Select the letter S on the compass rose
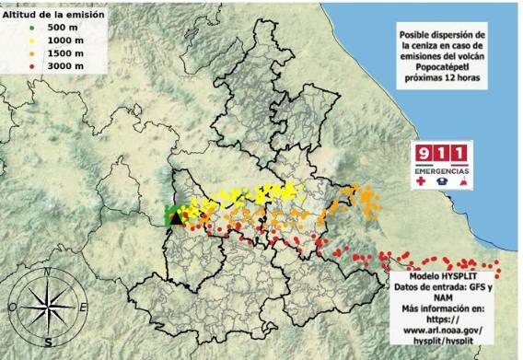(x=48, y=342)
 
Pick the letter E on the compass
(x=83, y=307)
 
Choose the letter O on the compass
(x=14, y=308)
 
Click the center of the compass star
(x=48, y=308)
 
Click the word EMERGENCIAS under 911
(x=442, y=171)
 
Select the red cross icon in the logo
(x=422, y=183)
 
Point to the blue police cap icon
(x=442, y=183)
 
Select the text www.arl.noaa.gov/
(x=442, y=329)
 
